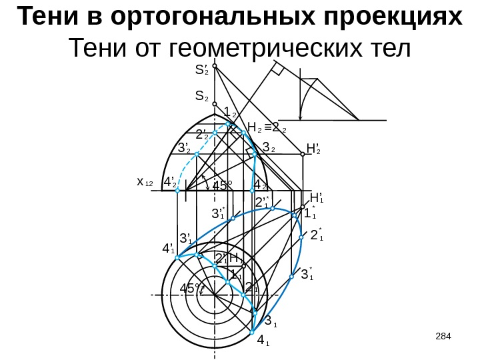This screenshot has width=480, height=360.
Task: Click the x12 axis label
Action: (x=145, y=182)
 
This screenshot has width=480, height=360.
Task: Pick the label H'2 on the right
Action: (x=313, y=147)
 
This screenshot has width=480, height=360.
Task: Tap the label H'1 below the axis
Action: (x=317, y=197)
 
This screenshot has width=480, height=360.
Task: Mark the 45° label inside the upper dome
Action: (x=223, y=185)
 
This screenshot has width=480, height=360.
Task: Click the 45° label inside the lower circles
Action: (x=191, y=289)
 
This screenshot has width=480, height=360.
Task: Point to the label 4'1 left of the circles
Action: (x=169, y=249)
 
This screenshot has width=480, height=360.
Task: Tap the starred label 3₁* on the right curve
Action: (x=307, y=274)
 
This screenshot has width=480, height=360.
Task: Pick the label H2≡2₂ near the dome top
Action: (x=267, y=127)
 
